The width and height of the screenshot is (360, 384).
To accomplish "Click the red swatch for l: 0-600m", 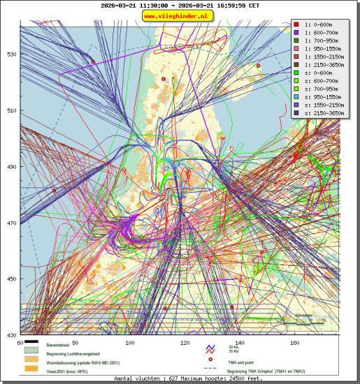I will click(296, 24).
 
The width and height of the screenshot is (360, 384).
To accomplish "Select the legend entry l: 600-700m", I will click(319, 33).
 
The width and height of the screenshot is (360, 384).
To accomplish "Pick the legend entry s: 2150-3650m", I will click(319, 112).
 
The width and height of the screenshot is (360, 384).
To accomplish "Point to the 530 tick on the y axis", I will click(10, 54).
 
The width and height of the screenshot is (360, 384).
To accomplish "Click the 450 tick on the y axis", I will click(10, 279).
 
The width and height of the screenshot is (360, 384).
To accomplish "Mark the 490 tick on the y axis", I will click(10, 167).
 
